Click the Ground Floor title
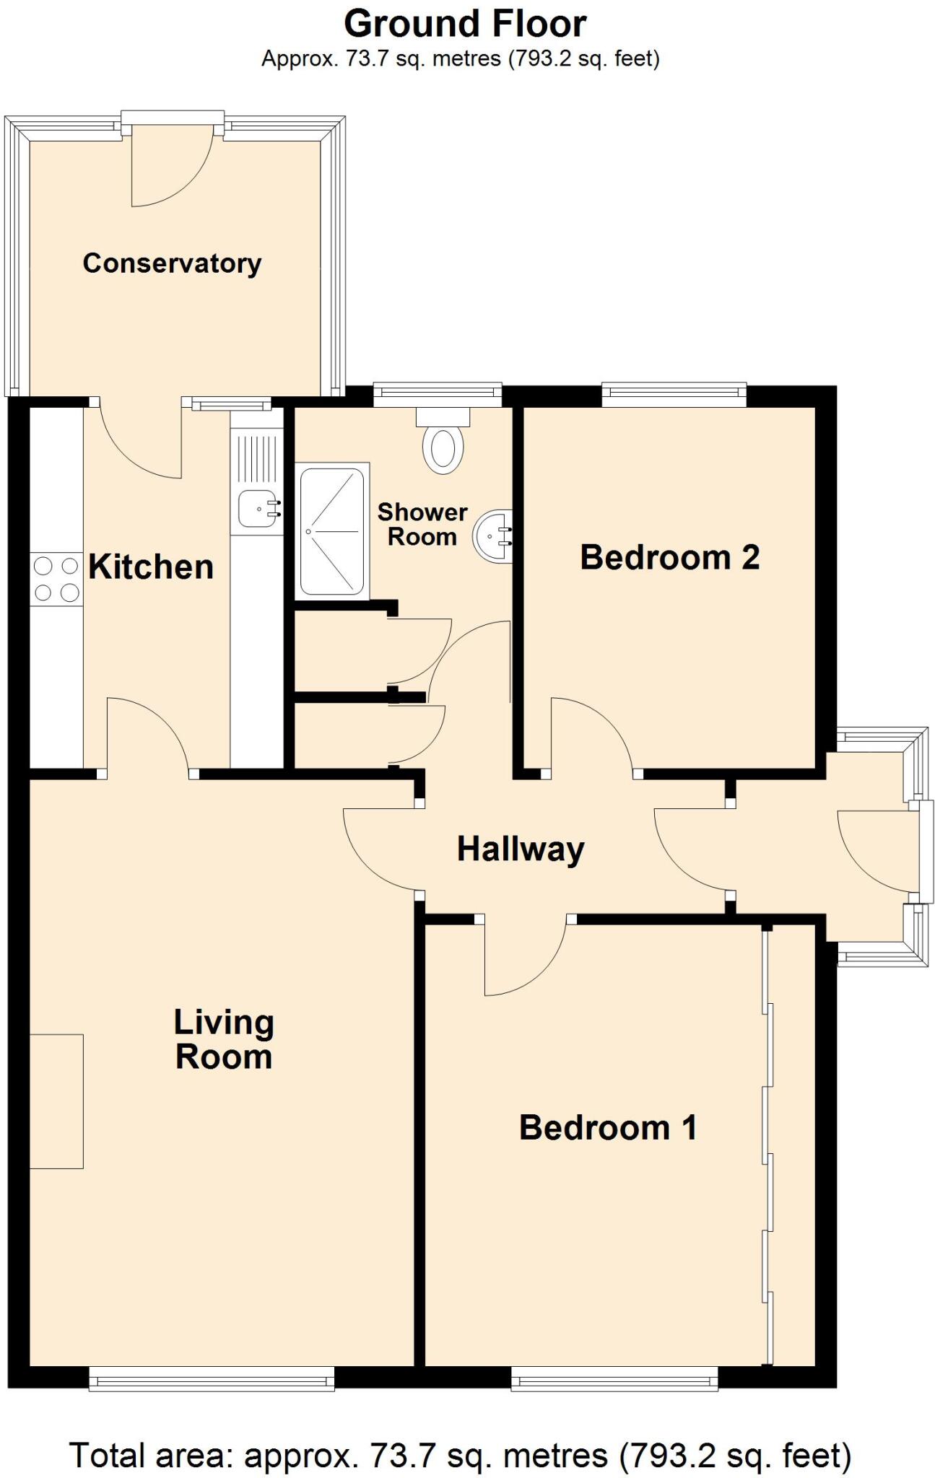click(465, 24)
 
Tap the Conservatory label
click(172, 263)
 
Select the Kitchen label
click(151, 567)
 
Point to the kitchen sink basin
click(253, 510)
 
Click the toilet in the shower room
click(443, 447)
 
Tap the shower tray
click(332, 532)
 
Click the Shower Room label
click(422, 524)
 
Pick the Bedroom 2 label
click(669, 558)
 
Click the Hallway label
click(521, 849)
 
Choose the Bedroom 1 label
click(608, 1127)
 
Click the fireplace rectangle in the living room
click(56, 1101)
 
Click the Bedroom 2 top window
click(674, 392)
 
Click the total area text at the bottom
click(461, 1456)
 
